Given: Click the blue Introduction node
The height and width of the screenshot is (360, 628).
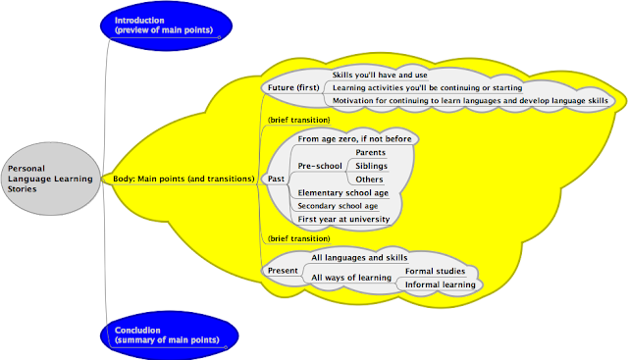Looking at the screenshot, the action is (x=166, y=26).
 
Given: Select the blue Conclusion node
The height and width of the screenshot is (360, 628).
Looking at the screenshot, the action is (x=169, y=335).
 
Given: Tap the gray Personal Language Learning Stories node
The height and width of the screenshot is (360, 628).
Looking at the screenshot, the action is (x=50, y=179).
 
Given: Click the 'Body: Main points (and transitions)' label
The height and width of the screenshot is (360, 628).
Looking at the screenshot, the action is (x=183, y=179).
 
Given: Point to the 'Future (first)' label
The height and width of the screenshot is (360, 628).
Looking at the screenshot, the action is (x=293, y=87).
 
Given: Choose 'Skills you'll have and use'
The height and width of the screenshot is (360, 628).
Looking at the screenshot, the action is (x=380, y=75).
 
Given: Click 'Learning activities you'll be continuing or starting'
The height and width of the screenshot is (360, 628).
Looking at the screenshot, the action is (x=428, y=87).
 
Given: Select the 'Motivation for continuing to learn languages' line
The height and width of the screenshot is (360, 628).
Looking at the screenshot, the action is (x=470, y=100).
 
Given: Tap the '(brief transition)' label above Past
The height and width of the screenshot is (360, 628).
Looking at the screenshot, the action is (x=298, y=120).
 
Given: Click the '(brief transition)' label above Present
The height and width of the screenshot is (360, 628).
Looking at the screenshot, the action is (x=298, y=238).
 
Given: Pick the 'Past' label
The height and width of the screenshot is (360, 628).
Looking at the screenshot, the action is (x=276, y=179).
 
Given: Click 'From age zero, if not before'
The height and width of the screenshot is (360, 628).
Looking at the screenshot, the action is (x=354, y=139).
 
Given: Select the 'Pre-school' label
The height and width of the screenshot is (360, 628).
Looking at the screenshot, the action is (x=320, y=166).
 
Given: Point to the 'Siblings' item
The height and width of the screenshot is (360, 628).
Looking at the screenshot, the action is (x=371, y=166).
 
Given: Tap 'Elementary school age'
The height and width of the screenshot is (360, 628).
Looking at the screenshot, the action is (x=342, y=193).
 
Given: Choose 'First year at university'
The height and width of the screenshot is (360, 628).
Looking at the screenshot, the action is (x=343, y=219).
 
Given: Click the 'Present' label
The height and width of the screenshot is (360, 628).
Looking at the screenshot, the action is (x=283, y=271).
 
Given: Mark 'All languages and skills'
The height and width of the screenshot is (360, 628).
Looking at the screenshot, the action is (x=359, y=257).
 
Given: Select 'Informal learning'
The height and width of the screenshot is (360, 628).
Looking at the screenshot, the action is (x=441, y=284).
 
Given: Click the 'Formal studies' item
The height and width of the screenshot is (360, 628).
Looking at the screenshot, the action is (x=435, y=271).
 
